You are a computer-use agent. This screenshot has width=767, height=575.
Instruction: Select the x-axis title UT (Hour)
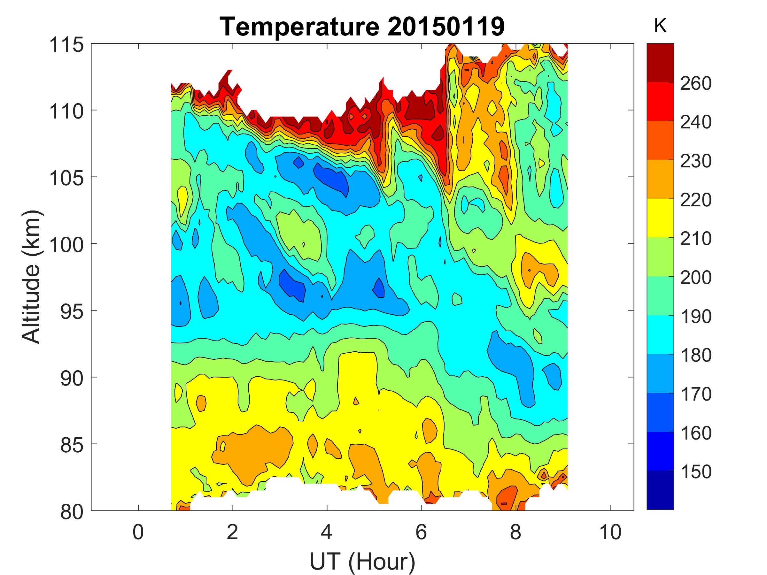point(362,561)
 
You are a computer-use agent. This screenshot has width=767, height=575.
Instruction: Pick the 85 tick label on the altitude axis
point(72,445)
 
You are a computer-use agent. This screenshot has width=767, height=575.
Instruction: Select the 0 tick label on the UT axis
point(138,532)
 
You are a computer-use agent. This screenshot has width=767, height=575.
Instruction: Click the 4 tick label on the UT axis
point(327,532)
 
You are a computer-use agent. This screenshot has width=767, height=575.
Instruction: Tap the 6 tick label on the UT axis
point(421,532)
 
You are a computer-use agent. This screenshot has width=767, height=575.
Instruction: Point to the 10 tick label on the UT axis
point(610,532)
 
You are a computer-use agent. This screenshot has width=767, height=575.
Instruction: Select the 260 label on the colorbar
point(695,83)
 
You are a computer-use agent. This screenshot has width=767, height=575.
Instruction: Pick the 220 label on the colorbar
point(695,200)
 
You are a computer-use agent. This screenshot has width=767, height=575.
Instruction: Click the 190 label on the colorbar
point(695,316)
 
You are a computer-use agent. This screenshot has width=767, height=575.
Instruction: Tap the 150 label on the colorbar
point(695,471)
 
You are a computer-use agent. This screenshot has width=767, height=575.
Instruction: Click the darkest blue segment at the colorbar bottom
point(660,490)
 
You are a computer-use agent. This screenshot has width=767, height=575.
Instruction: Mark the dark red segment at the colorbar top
point(660,62)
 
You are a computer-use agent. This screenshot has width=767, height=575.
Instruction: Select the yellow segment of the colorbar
point(660,218)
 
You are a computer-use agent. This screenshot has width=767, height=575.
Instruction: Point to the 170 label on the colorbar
point(695,394)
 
